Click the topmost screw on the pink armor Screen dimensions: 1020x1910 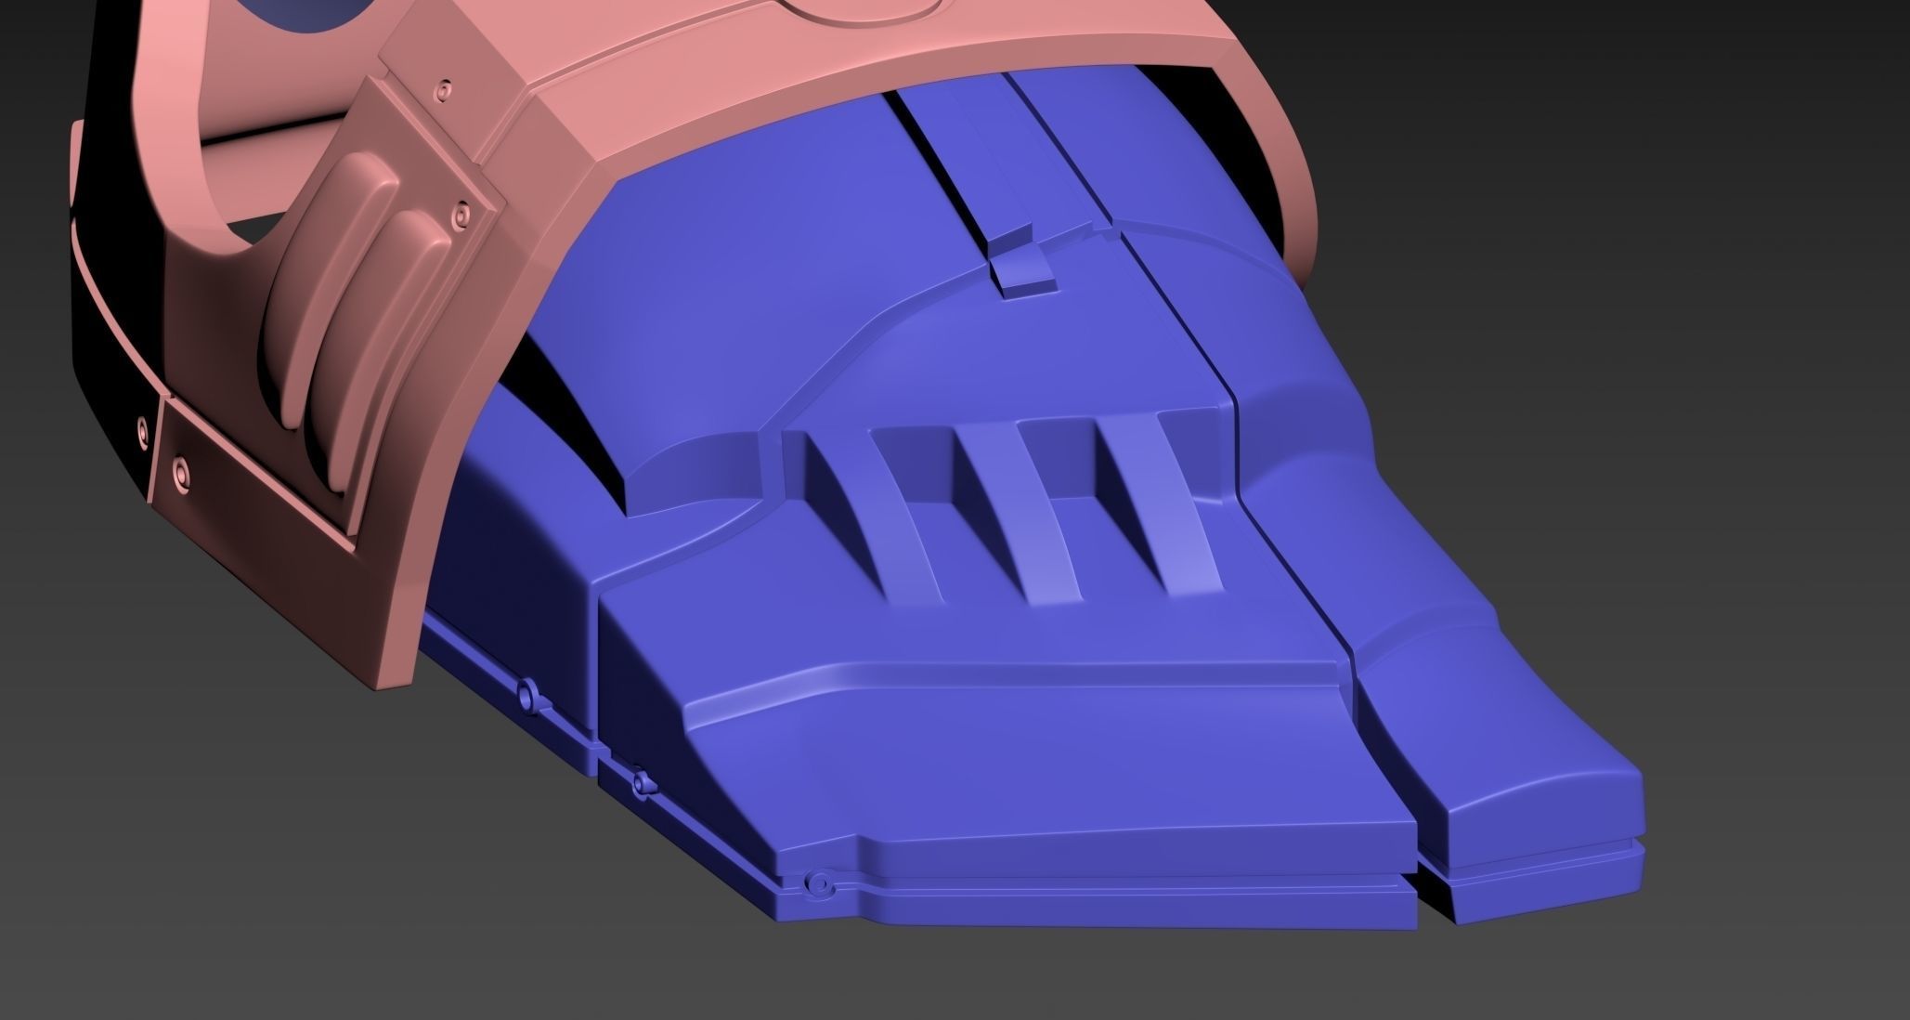tap(447, 90)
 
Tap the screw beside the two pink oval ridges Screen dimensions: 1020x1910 tap(458, 216)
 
